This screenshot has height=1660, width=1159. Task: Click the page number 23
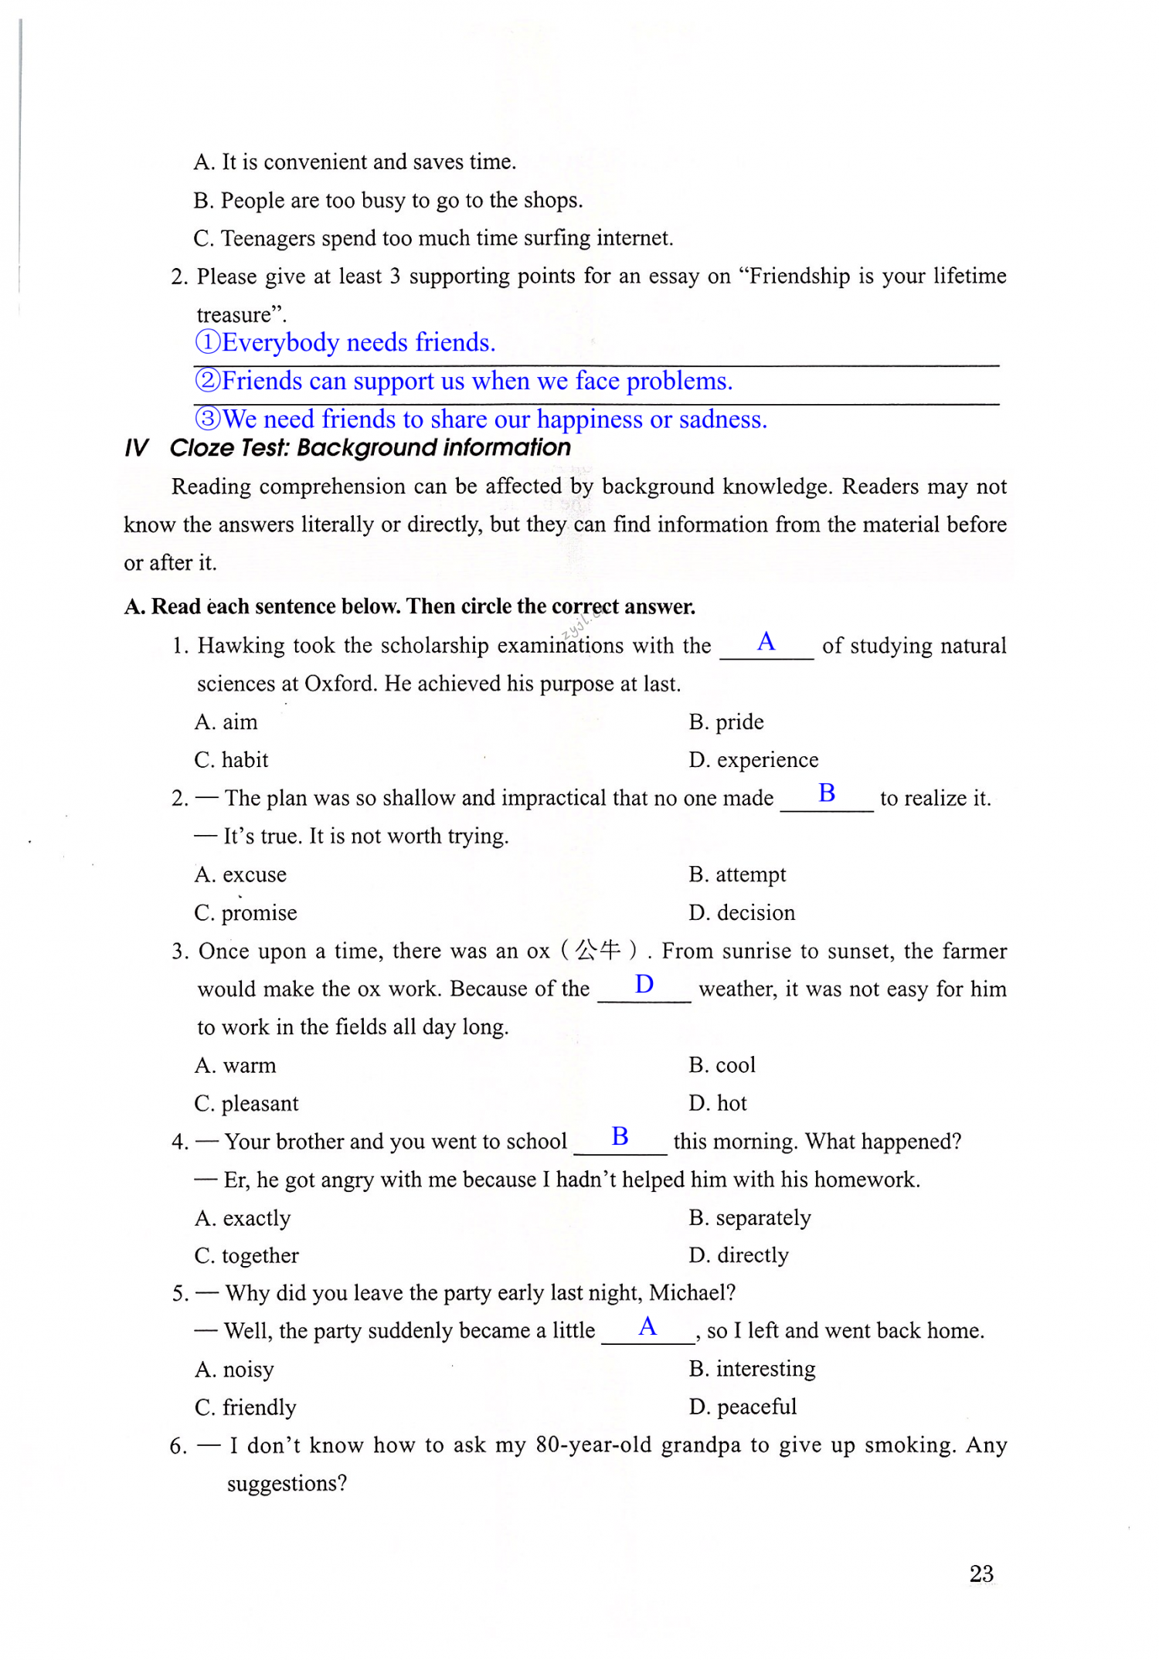(x=981, y=1573)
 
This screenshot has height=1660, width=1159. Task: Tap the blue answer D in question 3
(x=644, y=984)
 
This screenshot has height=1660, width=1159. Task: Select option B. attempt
(x=737, y=874)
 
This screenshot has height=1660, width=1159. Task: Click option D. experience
(x=753, y=760)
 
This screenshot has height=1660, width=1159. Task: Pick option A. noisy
(x=234, y=1370)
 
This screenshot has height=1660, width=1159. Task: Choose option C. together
(x=246, y=1255)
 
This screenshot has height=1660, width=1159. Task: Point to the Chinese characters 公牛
(x=598, y=950)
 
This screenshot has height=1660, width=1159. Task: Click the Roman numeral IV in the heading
(x=136, y=448)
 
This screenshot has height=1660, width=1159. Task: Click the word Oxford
(x=340, y=684)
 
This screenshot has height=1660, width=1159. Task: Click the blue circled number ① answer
(x=208, y=342)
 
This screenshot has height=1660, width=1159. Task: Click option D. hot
(x=718, y=1103)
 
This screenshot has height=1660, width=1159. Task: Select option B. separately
(x=749, y=1218)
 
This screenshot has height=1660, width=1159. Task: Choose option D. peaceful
(x=743, y=1407)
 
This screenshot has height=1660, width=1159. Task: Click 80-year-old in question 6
(x=593, y=1445)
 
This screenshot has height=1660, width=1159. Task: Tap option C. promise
(x=246, y=913)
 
